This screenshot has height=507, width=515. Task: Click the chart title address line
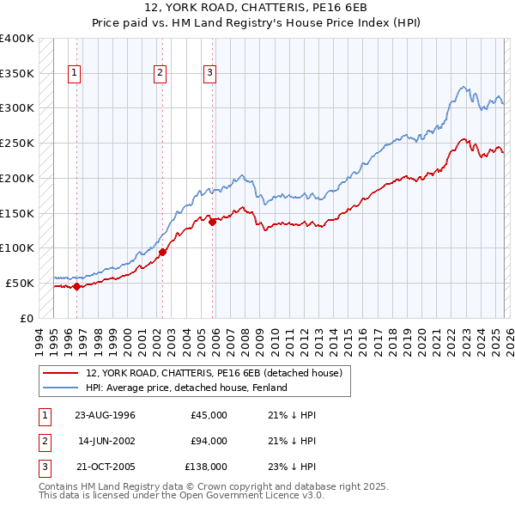pos(257,7)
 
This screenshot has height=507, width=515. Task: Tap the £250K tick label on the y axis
pos(16,143)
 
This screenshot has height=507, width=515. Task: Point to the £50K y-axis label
pos(19,283)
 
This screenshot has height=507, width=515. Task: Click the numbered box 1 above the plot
pos(75,74)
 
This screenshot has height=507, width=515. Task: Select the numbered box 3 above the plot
pos(209,74)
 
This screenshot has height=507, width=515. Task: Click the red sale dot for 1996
pos(77,287)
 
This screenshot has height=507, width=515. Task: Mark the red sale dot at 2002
pos(162,252)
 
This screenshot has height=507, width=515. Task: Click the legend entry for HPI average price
pos(186,388)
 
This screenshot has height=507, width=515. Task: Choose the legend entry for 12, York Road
pos(214,373)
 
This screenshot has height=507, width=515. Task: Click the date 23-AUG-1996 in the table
pos(105,415)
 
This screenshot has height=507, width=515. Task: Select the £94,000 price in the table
pos(209,441)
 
